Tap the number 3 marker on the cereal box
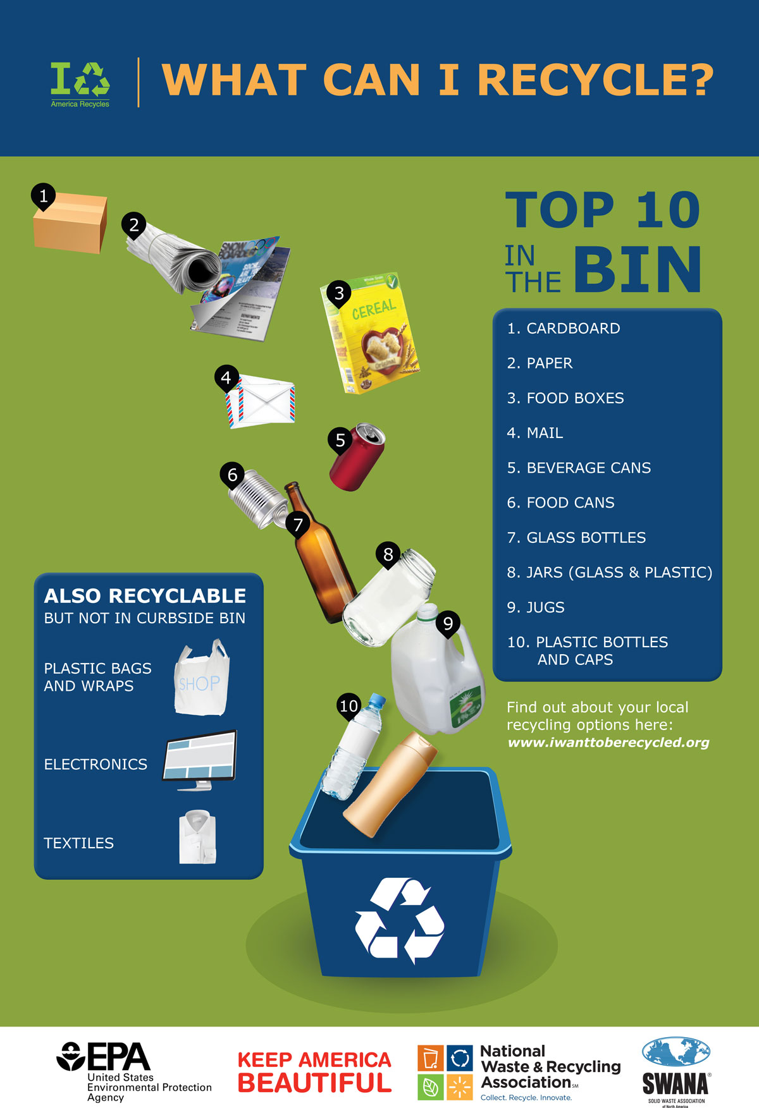pyautogui.click(x=339, y=293)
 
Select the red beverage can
pyautogui.click(x=358, y=458)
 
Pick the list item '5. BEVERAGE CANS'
pyautogui.click(x=579, y=468)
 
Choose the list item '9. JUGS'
pyautogui.click(x=536, y=607)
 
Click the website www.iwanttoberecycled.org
pyautogui.click(x=608, y=743)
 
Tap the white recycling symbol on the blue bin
pyautogui.click(x=399, y=920)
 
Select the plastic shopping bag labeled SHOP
pyautogui.click(x=201, y=679)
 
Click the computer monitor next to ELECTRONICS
pyautogui.click(x=200, y=758)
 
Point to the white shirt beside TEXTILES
pyautogui.click(x=198, y=837)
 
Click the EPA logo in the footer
pyautogui.click(x=104, y=1057)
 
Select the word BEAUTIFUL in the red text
pyautogui.click(x=314, y=1083)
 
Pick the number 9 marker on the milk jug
pyautogui.click(x=448, y=624)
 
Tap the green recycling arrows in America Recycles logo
pyautogui.click(x=94, y=79)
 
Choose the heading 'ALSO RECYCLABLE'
pyautogui.click(x=145, y=596)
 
